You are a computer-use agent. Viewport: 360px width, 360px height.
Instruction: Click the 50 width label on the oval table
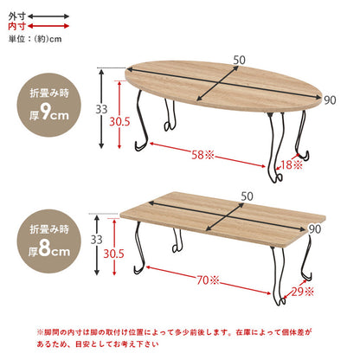click(237, 58)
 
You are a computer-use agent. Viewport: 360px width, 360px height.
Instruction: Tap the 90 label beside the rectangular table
click(314, 228)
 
